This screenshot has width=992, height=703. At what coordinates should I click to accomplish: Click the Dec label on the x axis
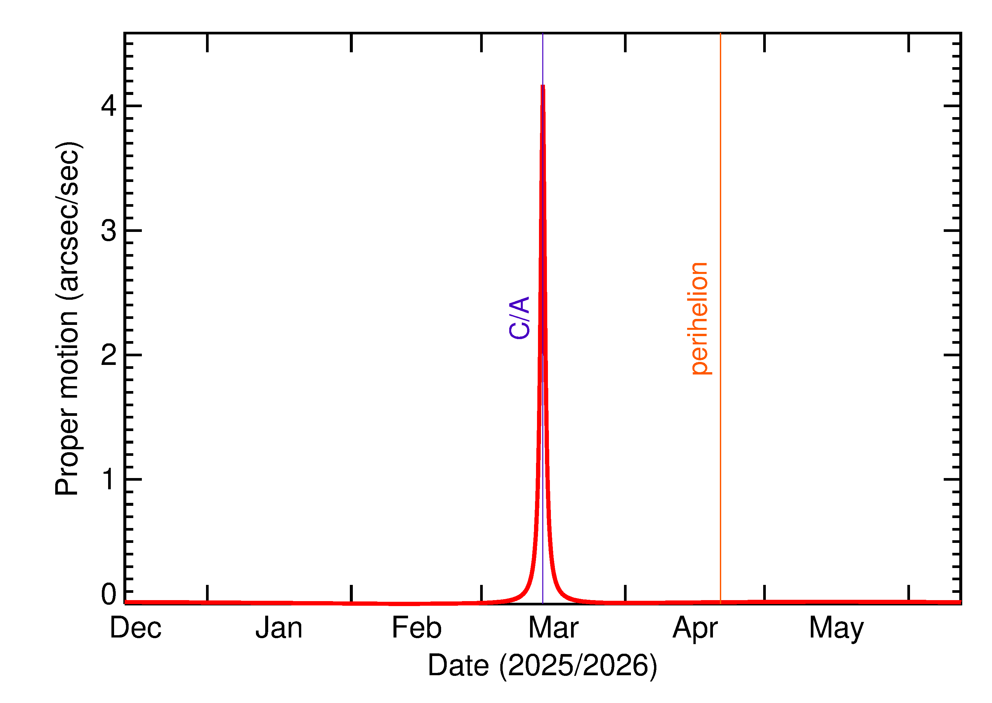point(136,628)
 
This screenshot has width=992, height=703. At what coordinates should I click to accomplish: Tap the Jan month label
point(279,628)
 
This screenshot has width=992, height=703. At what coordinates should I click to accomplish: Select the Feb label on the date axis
point(417,628)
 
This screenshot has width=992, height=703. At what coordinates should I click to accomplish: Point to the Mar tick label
point(553,628)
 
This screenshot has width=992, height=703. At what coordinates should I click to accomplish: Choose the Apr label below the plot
point(695,628)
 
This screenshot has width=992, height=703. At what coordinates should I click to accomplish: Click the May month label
point(836,629)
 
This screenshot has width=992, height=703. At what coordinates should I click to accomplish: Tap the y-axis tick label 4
point(108,105)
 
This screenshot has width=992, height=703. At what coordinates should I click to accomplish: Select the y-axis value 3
point(108,230)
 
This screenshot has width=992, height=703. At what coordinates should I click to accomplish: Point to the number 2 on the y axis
point(108,355)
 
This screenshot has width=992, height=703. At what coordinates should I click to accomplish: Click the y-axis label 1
point(108,479)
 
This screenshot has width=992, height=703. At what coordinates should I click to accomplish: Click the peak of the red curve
point(543,86)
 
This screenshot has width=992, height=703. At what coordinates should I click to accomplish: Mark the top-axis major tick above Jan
point(351,42)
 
